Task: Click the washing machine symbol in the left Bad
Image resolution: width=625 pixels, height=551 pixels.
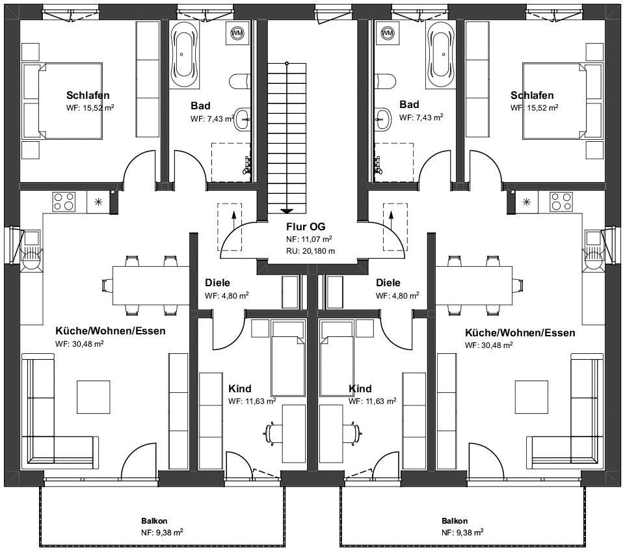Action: click(x=237, y=33)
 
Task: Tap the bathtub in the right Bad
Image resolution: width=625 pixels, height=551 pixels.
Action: click(x=442, y=54)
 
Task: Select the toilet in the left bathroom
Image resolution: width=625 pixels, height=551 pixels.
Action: click(x=240, y=81)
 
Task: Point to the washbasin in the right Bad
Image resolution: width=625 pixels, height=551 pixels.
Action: click(x=384, y=119)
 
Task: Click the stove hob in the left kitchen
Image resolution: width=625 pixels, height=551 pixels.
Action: click(x=64, y=202)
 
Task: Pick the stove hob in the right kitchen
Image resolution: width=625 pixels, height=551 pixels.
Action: click(x=561, y=202)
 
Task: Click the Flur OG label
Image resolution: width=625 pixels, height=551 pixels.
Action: click(x=306, y=226)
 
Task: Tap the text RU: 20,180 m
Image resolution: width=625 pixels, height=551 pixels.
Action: click(x=310, y=251)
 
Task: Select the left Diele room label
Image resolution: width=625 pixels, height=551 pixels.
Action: click(x=217, y=283)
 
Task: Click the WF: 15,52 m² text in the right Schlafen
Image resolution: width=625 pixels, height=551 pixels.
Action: click(x=534, y=107)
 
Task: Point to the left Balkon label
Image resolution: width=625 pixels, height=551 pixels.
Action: click(x=154, y=520)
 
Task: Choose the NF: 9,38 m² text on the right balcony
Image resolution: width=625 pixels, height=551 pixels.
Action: click(x=462, y=532)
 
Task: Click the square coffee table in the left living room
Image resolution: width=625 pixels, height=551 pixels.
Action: click(x=93, y=397)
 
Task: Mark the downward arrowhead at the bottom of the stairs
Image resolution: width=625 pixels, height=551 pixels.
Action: click(x=287, y=211)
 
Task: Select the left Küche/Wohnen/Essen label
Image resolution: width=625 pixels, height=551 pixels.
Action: click(x=111, y=331)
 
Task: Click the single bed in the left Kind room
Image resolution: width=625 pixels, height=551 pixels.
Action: click(x=288, y=359)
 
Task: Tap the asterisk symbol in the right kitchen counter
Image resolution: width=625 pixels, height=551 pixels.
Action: click(x=527, y=202)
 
